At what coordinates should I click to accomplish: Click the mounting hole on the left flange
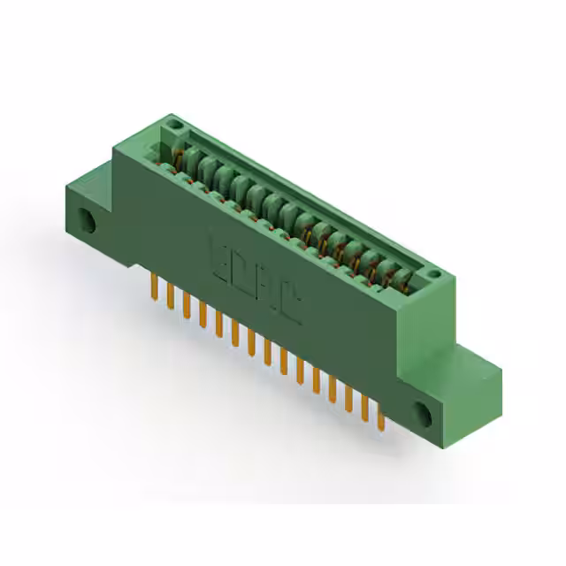click(x=87, y=221)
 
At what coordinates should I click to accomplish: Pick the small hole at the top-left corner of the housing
click(x=174, y=125)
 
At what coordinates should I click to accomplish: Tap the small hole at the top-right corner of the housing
click(x=433, y=275)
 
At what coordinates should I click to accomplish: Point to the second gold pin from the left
click(x=170, y=296)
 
